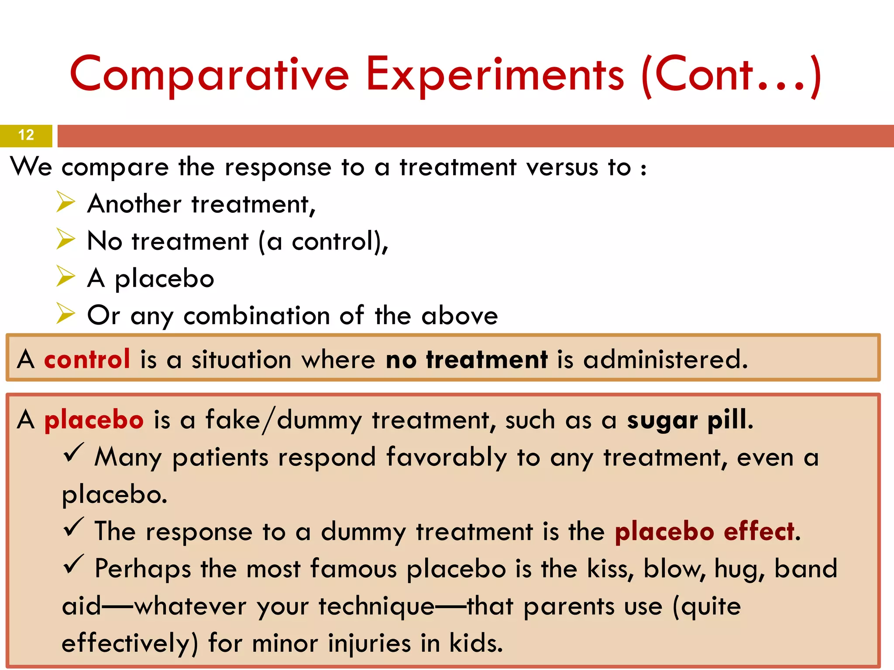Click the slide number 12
point(26,135)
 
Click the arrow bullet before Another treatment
point(66,202)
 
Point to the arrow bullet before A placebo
point(66,277)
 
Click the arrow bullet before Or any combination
point(66,314)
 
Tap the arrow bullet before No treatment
point(66,239)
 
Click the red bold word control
point(87,359)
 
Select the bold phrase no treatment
point(466,359)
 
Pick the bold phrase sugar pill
point(689,420)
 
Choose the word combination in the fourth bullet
point(256,316)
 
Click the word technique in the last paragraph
point(376,606)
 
